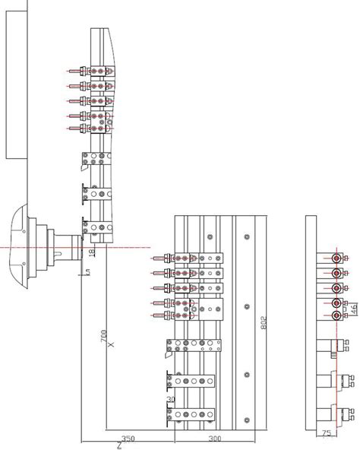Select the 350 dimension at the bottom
tap(127, 439)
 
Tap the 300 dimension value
tap(215, 439)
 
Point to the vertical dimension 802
tap(264, 323)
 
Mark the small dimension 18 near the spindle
tap(92, 252)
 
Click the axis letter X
tap(110, 345)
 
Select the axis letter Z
tap(118, 445)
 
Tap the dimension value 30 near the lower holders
tap(171, 400)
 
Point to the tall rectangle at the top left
tap(16, 80)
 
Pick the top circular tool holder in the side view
tap(336, 258)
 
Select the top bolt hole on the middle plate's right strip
tap(247, 237)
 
